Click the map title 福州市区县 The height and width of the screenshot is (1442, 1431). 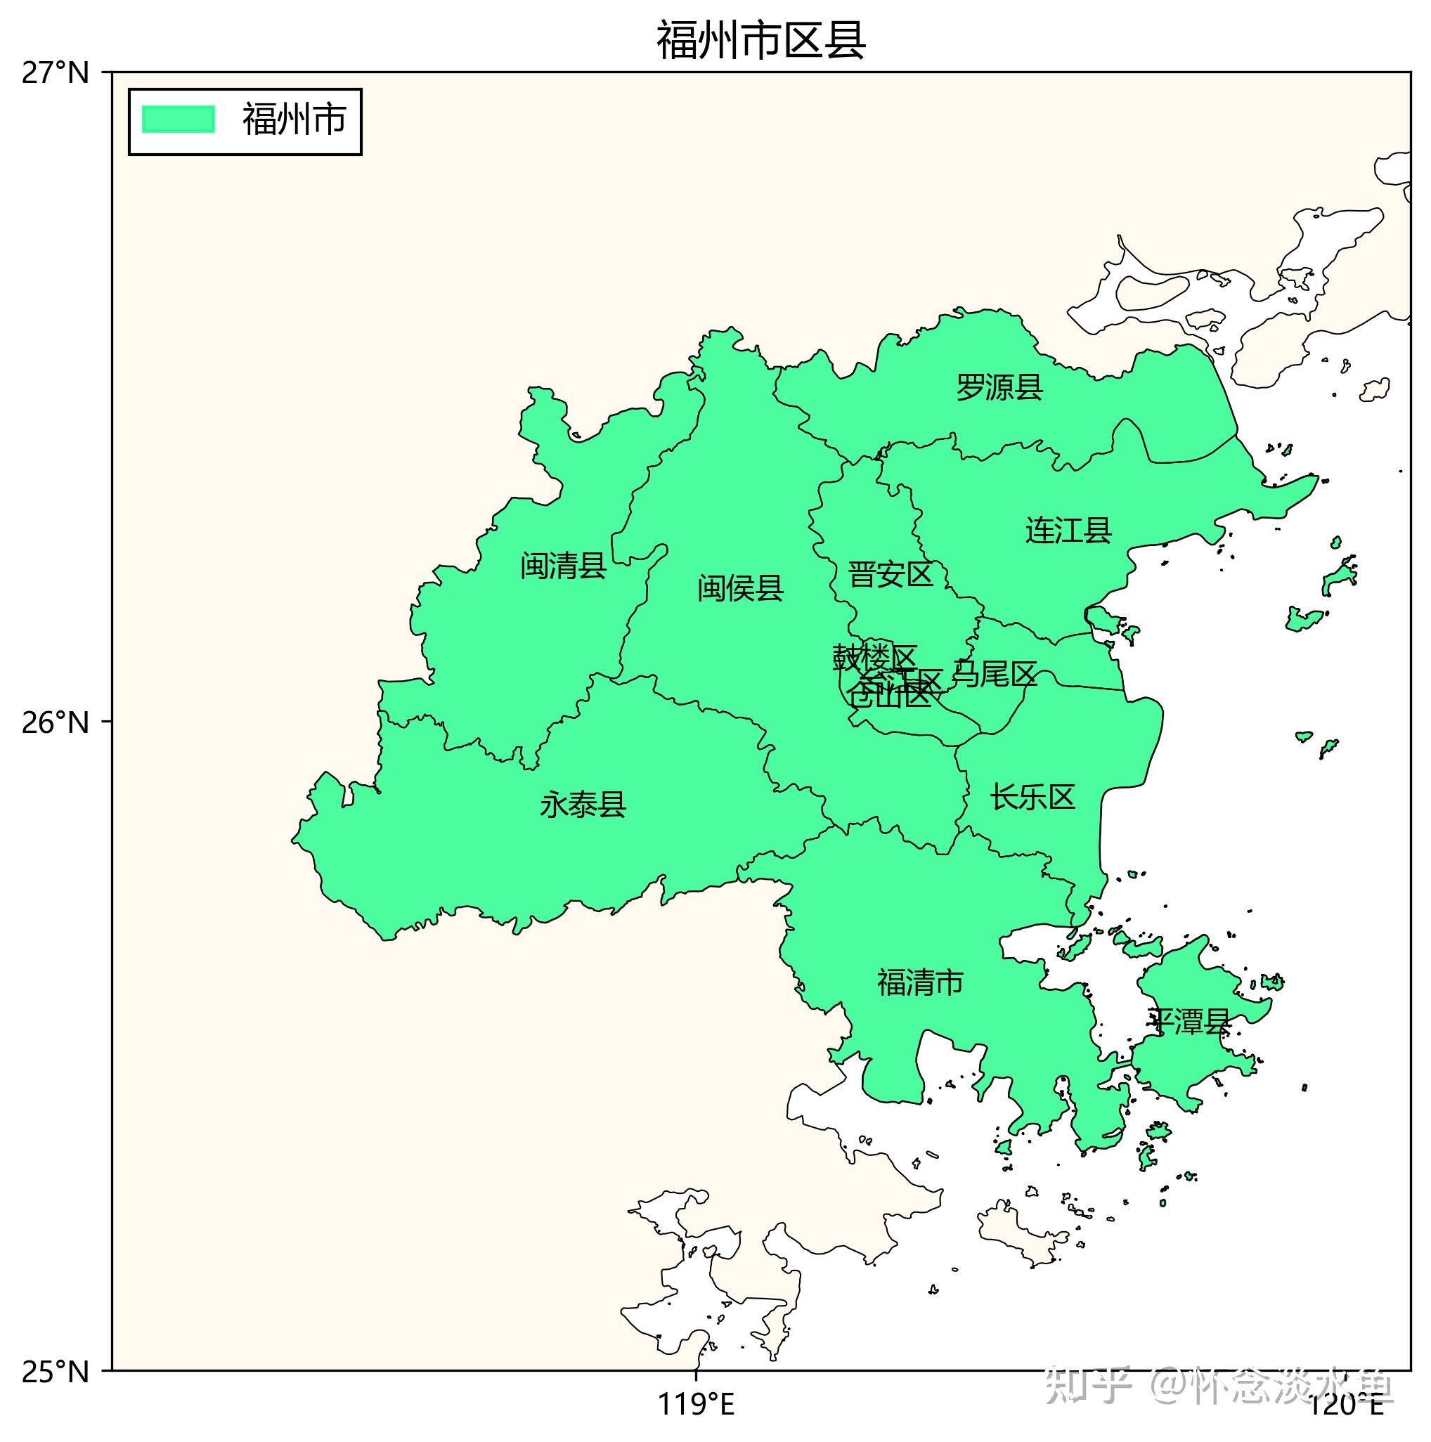pyautogui.click(x=760, y=40)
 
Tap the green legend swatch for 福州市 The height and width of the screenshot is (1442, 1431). pyautogui.click(x=179, y=119)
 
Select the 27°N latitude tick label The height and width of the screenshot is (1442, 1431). pyautogui.click(x=55, y=73)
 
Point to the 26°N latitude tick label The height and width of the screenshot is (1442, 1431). pyautogui.click(x=55, y=722)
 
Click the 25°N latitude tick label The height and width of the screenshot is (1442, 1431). pyautogui.click(x=55, y=1372)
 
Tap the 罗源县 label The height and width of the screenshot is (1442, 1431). pyautogui.click(x=999, y=387)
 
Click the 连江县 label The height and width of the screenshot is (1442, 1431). pyautogui.click(x=1068, y=530)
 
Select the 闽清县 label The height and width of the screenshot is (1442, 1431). pyautogui.click(x=563, y=566)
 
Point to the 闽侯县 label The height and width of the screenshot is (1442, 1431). pyautogui.click(x=741, y=588)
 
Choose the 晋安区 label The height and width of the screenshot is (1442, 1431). pyautogui.click(x=891, y=575)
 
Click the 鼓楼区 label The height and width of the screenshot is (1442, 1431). pyautogui.click(x=874, y=657)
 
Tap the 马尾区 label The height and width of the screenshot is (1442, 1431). pyautogui.click(x=995, y=674)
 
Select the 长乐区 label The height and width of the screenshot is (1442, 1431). pyautogui.click(x=1032, y=797)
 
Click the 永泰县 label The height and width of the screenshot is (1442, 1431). pyautogui.click(x=583, y=805)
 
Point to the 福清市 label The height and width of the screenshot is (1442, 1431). pyautogui.click(x=919, y=982)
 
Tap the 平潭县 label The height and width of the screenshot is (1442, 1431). pyautogui.click(x=1189, y=1021)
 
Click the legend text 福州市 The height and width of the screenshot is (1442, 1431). pyautogui.click(x=294, y=119)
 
